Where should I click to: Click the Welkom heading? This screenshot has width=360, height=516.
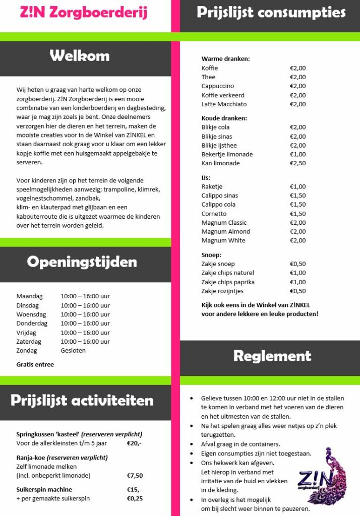[79, 55]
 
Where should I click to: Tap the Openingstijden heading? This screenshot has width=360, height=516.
[82, 262]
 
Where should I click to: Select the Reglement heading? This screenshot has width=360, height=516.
[272, 356]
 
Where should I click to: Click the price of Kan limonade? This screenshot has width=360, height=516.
[297, 163]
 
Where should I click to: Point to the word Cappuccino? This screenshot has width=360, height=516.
[218, 86]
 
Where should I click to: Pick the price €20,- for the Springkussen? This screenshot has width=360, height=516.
[134, 443]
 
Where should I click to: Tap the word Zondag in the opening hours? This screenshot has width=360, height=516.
[27, 351]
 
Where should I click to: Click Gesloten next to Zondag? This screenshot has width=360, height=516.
[73, 351]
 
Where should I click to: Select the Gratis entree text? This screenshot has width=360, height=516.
[35, 364]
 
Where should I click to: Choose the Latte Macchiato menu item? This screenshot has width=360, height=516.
[224, 104]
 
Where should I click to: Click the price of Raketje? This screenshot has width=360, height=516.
[297, 186]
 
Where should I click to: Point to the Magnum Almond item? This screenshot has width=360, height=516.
[226, 232]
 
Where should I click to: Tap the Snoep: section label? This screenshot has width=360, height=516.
[211, 255]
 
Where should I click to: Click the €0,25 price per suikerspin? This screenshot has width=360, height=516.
[135, 498]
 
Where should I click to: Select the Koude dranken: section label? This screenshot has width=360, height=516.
[224, 118]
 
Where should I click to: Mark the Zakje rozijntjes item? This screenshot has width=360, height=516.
[222, 291]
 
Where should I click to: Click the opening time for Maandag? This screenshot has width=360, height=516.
[85, 296]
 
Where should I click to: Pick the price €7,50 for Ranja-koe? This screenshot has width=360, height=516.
[135, 475]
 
